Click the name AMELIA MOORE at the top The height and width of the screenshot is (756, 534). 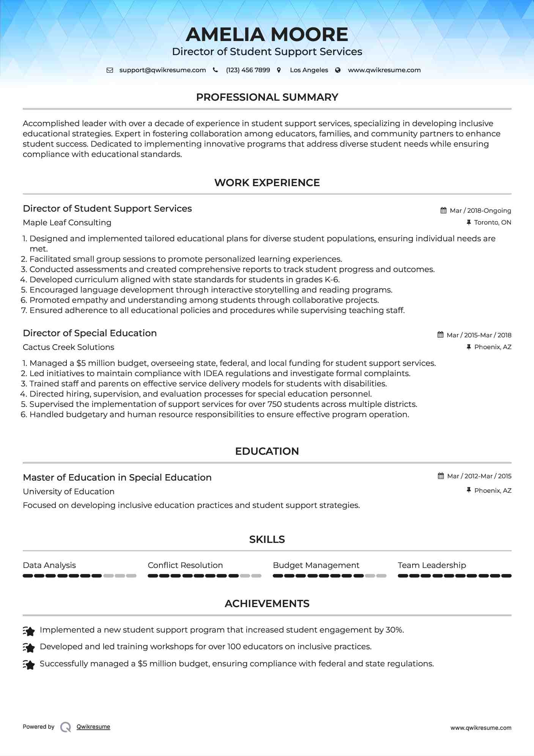[267, 35]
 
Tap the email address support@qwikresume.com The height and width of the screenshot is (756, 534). [162, 70]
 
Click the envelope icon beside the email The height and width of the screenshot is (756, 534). [110, 70]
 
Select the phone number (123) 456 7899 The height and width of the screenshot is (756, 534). [248, 70]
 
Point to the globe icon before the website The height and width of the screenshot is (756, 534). [338, 70]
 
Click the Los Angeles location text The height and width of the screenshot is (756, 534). [309, 70]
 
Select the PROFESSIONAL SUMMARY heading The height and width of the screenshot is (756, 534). [267, 97]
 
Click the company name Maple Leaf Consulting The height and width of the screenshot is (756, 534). [67, 223]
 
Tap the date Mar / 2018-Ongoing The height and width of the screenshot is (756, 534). [480, 210]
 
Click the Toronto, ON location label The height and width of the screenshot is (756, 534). [493, 222]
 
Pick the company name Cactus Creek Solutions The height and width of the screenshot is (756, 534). [68, 347]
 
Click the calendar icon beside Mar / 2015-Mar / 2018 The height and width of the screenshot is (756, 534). [441, 335]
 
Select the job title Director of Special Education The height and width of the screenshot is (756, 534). [90, 333]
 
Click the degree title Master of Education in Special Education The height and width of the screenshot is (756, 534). [117, 478]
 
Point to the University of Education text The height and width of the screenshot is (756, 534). [69, 492]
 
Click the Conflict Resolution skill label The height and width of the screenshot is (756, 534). [185, 565]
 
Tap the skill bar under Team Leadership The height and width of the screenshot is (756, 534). [454, 576]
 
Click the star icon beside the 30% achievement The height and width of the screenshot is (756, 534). [29, 631]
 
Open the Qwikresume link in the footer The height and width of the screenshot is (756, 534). [93, 727]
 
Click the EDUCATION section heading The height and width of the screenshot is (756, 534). [267, 451]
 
